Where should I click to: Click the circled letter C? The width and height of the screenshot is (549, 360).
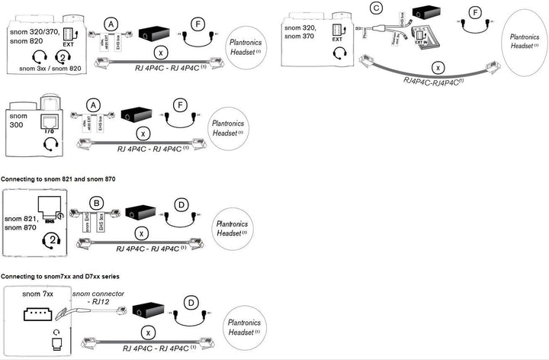[374, 8]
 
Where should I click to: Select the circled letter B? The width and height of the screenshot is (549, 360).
[95, 202]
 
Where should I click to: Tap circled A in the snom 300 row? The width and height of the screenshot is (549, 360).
[94, 104]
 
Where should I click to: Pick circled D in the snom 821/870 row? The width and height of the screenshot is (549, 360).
[180, 204]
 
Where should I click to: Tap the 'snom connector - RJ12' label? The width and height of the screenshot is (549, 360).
[98, 298]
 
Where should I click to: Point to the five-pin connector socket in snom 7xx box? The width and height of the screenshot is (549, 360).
[38, 315]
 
